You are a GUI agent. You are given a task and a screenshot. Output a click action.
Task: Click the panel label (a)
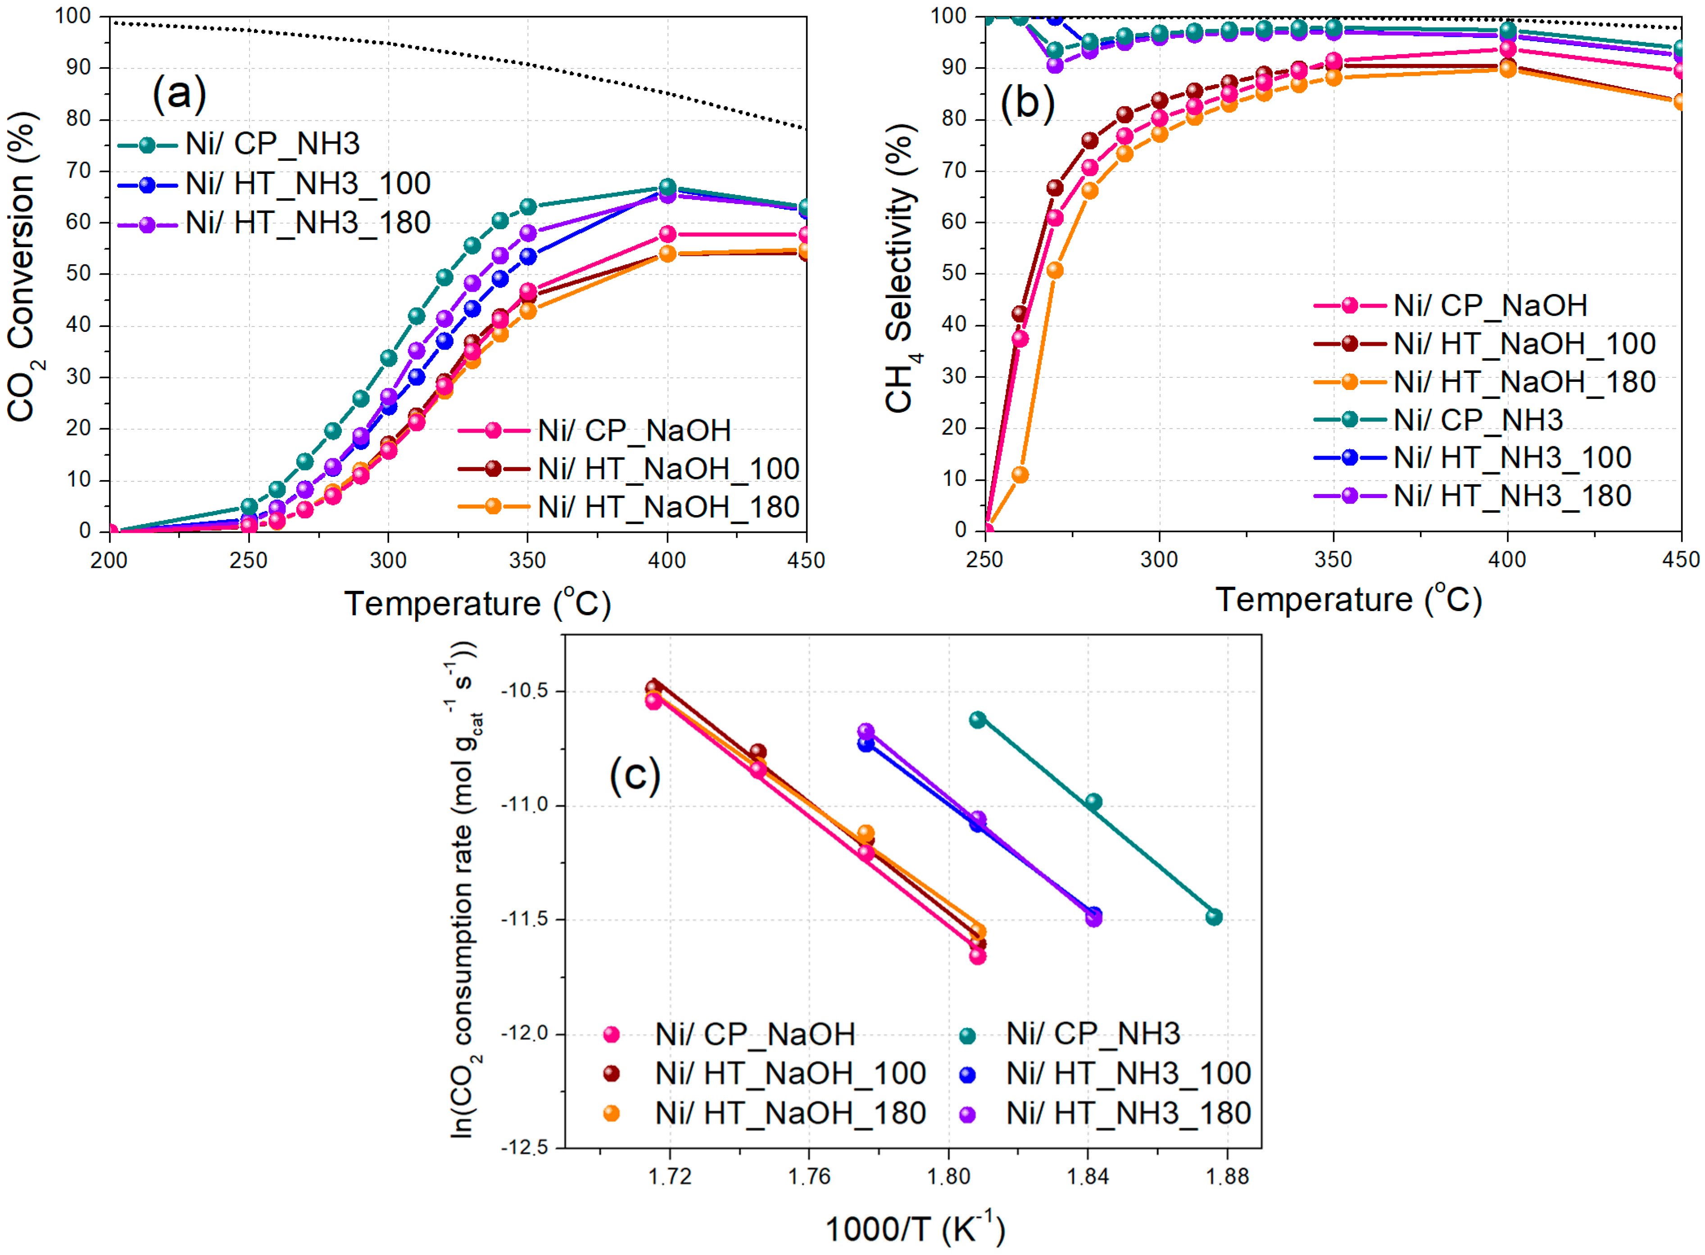coord(179,94)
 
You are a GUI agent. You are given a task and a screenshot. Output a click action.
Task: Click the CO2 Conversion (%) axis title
coord(23,266)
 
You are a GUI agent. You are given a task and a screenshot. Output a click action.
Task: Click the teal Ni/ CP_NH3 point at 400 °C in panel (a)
coord(667,187)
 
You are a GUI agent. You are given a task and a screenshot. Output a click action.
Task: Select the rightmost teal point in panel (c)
coord(1213,917)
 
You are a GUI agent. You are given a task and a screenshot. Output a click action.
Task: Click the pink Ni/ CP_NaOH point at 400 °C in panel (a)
coord(667,234)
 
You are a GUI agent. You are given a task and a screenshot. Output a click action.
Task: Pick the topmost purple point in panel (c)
coord(866,732)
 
